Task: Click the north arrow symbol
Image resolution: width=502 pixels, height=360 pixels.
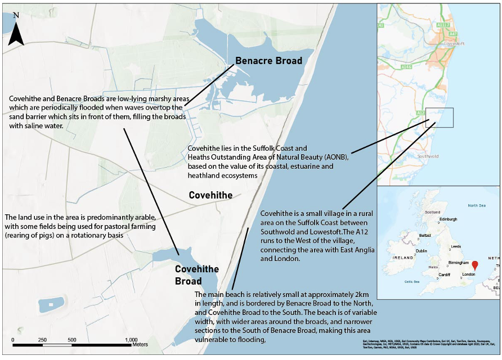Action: [x=16, y=31]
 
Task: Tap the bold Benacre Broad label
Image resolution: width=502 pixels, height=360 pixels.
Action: [x=268, y=61]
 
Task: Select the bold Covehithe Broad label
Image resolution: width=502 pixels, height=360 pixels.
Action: [x=197, y=275]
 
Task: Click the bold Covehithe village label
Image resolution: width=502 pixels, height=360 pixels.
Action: [x=210, y=195]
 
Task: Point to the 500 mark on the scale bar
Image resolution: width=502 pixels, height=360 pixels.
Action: [x=72, y=340]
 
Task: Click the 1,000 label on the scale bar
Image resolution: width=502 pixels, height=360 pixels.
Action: [x=131, y=340]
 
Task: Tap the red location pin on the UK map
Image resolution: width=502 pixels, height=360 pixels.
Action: [x=474, y=265]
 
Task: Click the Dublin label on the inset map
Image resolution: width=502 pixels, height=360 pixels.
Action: [x=421, y=251]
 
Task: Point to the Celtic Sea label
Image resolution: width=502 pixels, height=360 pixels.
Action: [x=413, y=281]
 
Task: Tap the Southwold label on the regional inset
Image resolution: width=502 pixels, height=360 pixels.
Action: [x=429, y=156]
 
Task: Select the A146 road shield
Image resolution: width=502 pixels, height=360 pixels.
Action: [x=406, y=66]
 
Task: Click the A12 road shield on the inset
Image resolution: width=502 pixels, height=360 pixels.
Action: [x=420, y=113]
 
